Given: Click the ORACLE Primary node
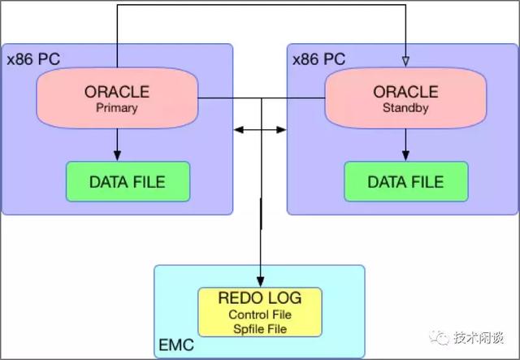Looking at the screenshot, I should coord(118,98).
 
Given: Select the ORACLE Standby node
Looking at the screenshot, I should coord(405,98).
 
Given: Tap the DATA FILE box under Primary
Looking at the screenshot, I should coord(128,181).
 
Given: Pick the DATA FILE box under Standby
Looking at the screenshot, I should coord(405,181).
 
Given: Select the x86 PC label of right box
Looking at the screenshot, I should coord(318,59).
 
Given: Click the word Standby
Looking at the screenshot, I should coord(405,107).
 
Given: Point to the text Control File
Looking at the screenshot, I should coord(260,314).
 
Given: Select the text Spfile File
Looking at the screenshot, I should coord(260,328).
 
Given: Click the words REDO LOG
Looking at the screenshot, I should coord(260,298).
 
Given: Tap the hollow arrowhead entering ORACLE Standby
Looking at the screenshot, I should coord(405,61).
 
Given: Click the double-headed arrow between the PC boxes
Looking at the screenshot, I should coord(260,128).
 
